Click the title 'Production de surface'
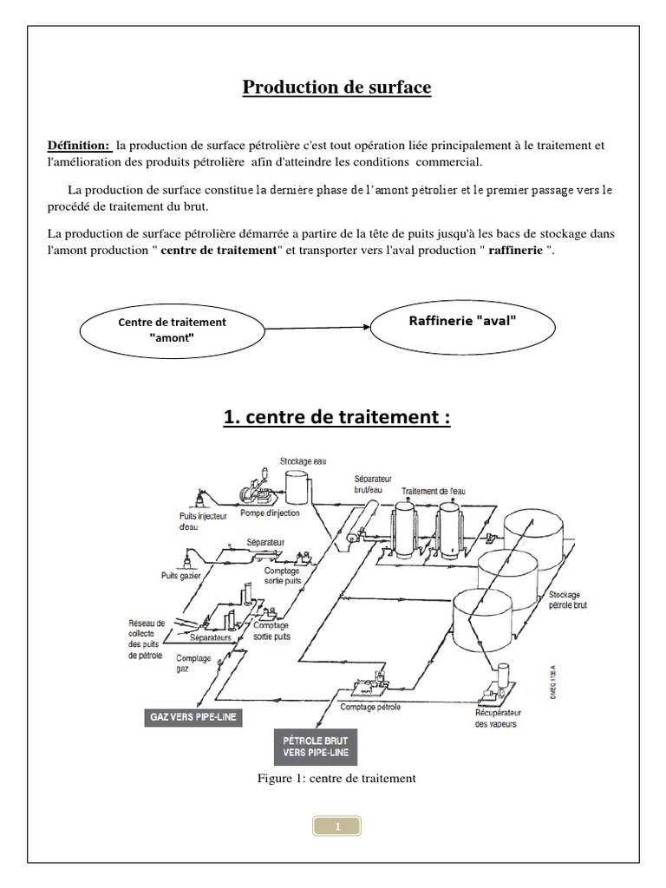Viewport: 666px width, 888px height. [336, 88]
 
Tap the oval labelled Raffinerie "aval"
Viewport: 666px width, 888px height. [462, 320]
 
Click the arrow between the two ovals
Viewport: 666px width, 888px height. [317, 328]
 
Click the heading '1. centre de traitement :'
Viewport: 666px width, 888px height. [336, 417]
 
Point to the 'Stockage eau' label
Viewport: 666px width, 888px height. [303, 461]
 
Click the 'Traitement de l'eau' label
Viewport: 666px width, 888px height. [433, 492]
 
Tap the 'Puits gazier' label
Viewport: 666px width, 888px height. [181, 575]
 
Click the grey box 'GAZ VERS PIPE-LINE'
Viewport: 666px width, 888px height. [193, 718]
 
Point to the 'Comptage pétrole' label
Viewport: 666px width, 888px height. [370, 708]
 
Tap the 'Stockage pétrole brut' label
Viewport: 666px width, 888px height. [568, 600]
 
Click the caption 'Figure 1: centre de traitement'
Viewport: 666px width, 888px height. [336, 778]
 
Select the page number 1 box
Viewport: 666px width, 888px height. [337, 826]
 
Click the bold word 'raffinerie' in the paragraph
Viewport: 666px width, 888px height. [516, 251]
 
